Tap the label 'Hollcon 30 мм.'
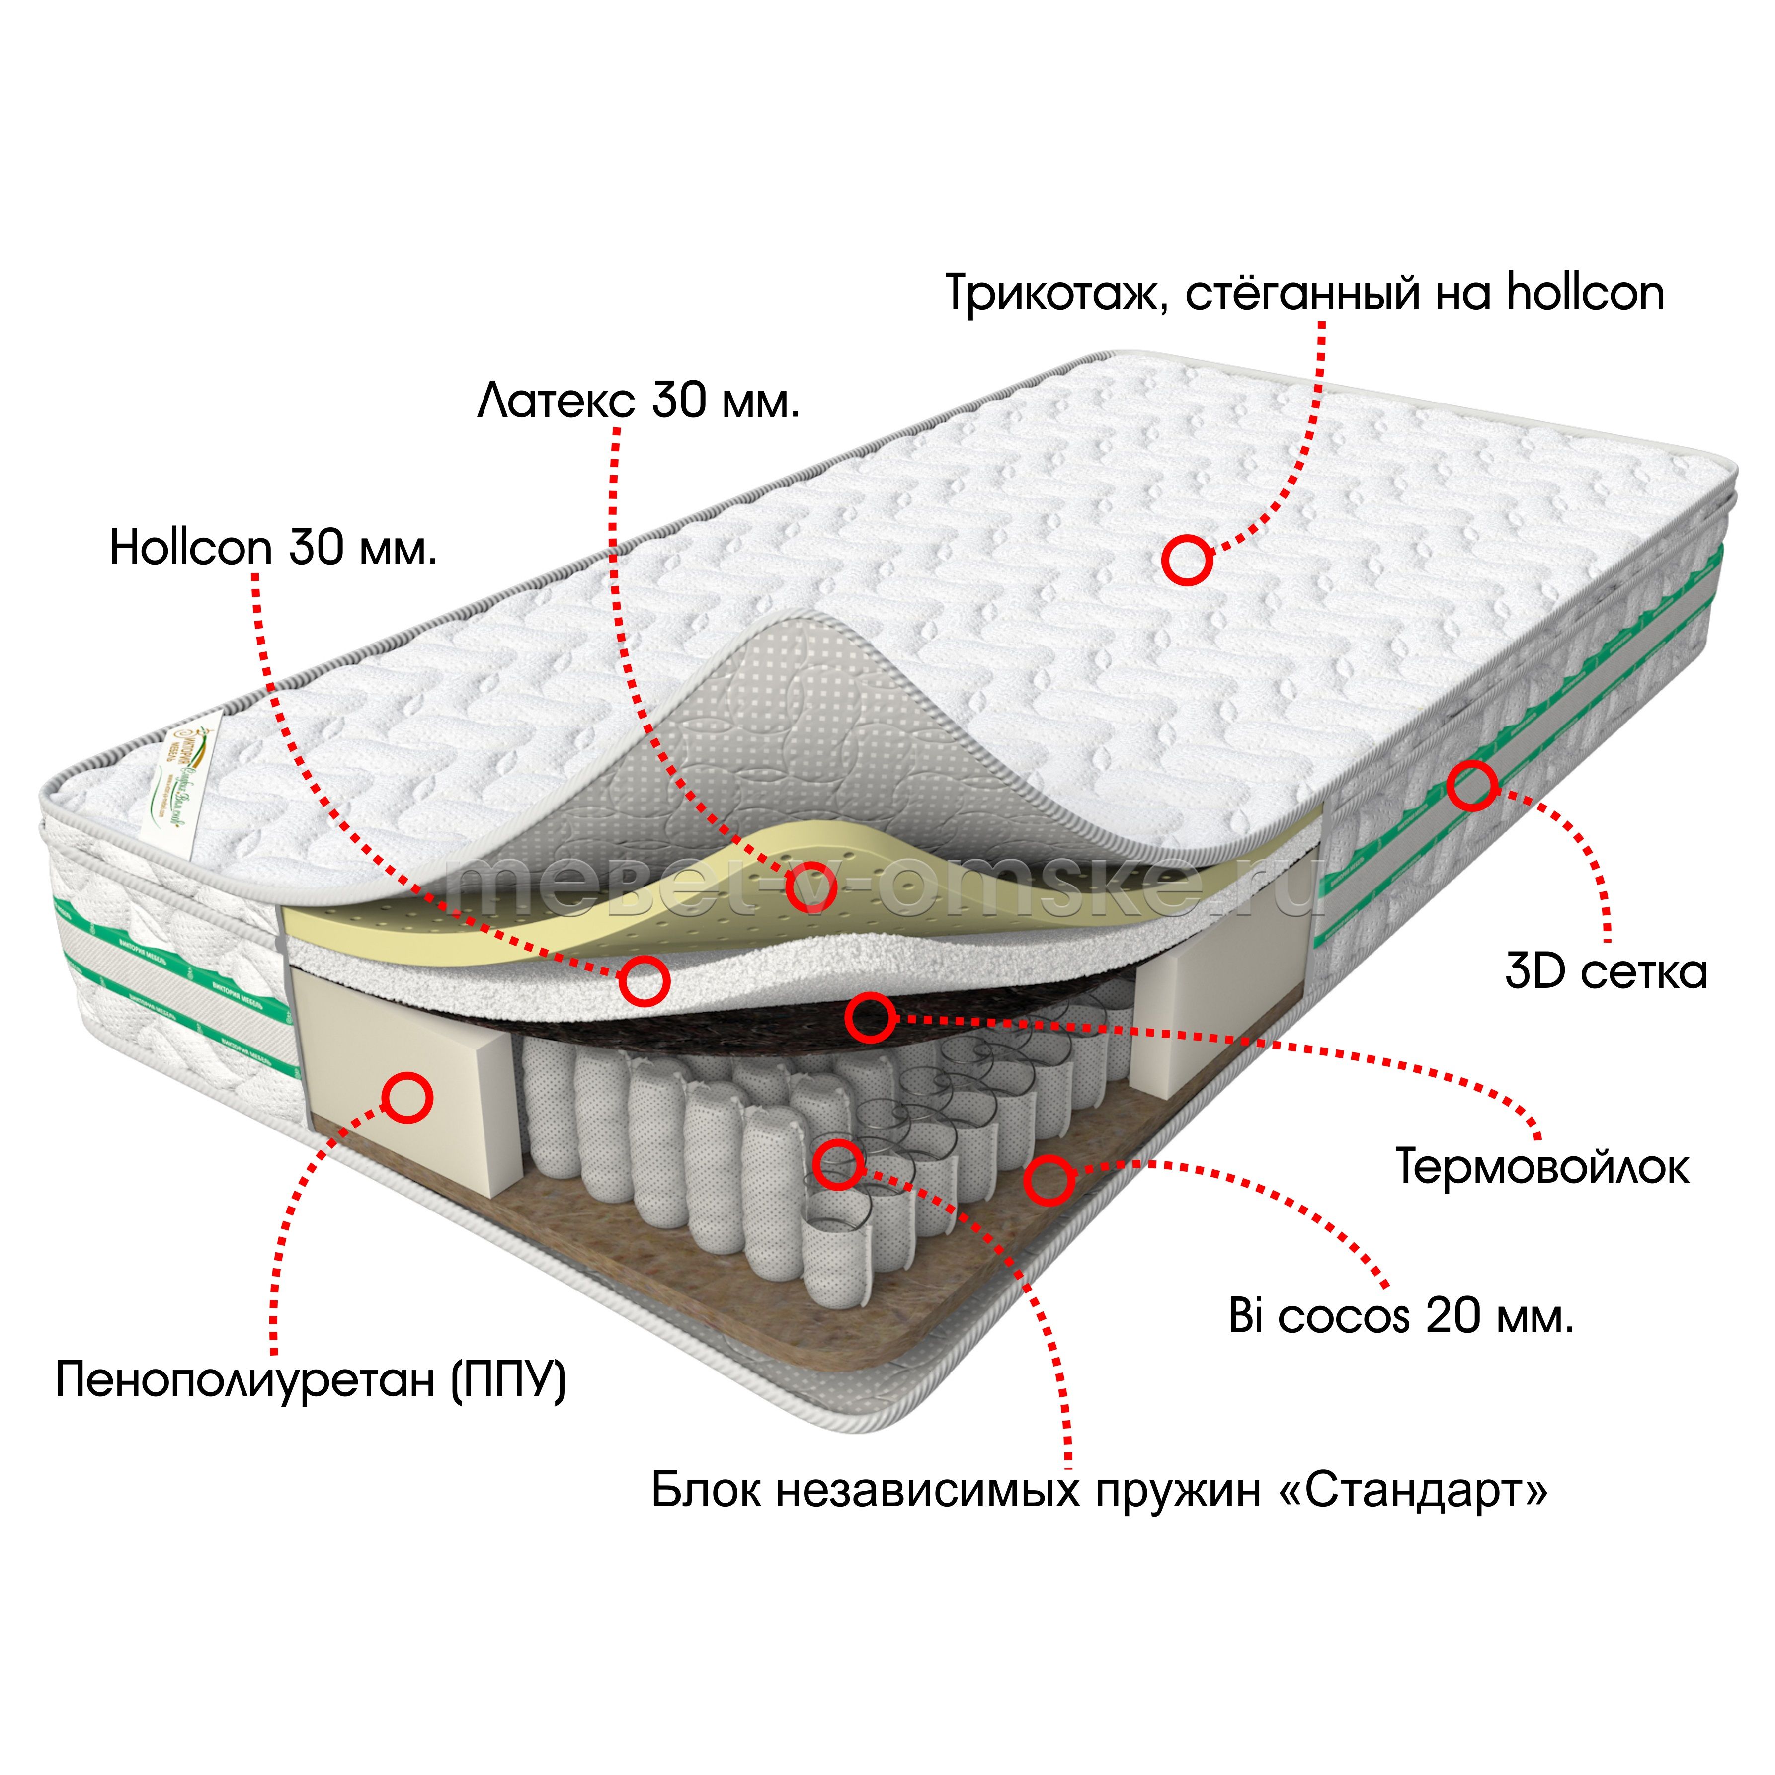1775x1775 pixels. click(x=273, y=549)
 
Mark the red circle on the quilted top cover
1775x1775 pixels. click(x=1186, y=560)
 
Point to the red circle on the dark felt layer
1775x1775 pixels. click(x=869, y=1016)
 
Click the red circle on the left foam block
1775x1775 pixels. click(x=407, y=1097)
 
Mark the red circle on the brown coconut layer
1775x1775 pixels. click(x=1049, y=1180)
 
